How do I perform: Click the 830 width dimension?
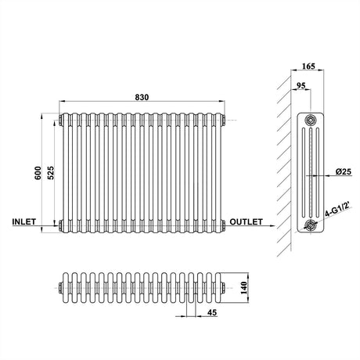142,97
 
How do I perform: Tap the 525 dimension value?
51,173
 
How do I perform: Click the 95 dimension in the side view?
301,87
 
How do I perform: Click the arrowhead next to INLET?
54,228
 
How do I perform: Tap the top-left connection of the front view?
59,121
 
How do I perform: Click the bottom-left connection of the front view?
59,227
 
